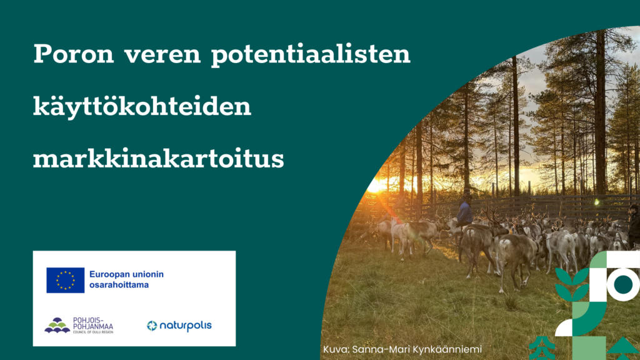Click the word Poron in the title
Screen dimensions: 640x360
point(74,54)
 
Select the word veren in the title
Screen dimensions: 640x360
point(162,55)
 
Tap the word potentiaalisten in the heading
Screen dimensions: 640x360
point(311,54)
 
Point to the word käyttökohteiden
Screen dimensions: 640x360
point(142,106)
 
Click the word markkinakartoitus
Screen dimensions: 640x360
point(158,158)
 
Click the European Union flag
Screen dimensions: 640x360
point(65,280)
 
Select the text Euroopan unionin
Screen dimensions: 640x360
point(126,275)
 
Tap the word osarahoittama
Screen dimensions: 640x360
point(119,285)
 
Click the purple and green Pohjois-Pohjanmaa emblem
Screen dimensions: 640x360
point(57,325)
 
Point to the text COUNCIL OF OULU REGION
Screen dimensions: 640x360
point(93,332)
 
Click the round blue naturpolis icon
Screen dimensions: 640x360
point(152,325)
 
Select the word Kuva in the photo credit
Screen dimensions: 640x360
point(336,349)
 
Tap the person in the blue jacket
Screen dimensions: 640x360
point(464,211)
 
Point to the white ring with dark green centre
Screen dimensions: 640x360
point(623,284)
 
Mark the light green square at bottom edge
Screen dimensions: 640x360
point(589,348)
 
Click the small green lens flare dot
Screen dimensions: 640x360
point(597,202)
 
